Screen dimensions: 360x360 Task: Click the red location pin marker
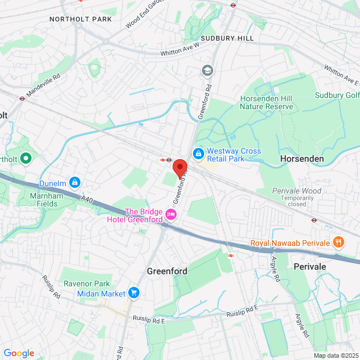(x=179, y=168)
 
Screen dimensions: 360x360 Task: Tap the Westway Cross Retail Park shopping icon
(x=198, y=153)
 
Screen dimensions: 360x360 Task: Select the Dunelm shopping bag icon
(x=74, y=183)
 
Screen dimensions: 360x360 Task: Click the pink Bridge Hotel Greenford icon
(x=171, y=215)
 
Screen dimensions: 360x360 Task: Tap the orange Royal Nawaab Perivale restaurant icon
(x=338, y=243)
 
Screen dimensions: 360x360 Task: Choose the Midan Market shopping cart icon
(x=134, y=292)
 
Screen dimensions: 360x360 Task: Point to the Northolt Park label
(x=80, y=19)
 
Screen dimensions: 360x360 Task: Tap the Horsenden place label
(x=302, y=159)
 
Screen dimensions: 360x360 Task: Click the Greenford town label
(x=166, y=271)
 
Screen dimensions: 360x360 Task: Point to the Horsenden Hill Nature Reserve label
(x=267, y=102)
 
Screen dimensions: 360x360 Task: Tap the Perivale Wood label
(x=296, y=191)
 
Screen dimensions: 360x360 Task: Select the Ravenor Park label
(x=86, y=283)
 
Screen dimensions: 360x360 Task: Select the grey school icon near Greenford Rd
(x=208, y=70)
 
